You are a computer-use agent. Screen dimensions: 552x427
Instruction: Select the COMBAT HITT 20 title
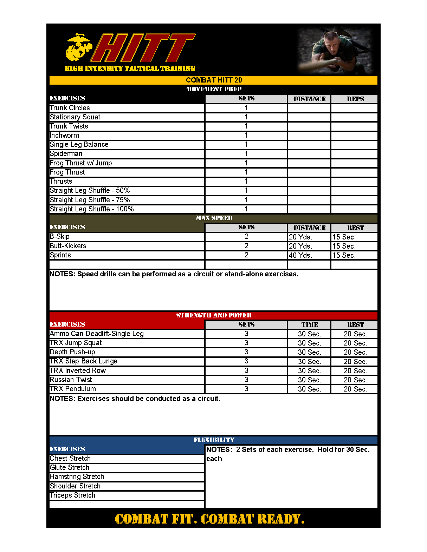point(214,80)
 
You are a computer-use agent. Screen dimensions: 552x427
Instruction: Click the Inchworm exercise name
point(64,135)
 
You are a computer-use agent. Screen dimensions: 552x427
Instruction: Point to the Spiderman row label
point(66,153)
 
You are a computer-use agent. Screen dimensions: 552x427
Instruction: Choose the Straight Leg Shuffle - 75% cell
point(90,200)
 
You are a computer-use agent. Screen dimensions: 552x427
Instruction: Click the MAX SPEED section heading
point(214,218)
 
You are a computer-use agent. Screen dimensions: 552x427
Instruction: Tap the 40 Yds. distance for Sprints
point(300,255)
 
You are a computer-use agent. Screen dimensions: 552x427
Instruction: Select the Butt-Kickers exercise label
point(68,246)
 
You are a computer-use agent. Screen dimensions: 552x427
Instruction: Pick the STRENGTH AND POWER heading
point(214,315)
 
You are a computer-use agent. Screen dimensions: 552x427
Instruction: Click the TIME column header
point(309,325)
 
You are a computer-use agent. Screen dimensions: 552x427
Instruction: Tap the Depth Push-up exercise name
point(72,352)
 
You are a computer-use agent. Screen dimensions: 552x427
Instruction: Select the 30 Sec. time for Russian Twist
point(309,380)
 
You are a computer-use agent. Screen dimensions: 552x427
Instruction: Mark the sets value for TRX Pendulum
point(246,389)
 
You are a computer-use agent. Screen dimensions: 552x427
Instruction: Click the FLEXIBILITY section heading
point(214,440)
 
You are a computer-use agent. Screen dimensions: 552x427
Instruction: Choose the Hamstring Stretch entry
point(77,477)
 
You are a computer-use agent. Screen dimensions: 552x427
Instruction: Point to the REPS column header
point(355,99)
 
